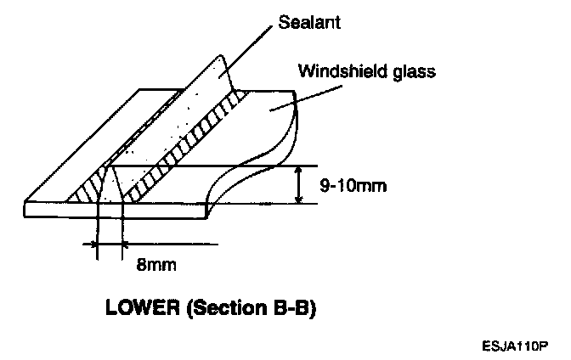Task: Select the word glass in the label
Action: pos(407,73)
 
